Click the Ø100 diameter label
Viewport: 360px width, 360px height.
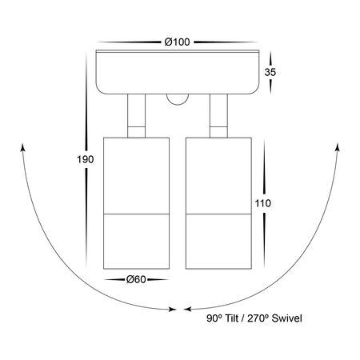click(177, 42)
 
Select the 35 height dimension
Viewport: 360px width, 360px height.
click(270, 72)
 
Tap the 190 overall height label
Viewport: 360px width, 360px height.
click(86, 159)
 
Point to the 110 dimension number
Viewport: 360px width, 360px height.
click(263, 203)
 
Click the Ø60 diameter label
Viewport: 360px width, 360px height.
click(136, 279)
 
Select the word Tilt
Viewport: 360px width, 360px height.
click(231, 318)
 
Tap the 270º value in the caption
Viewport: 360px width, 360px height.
click(258, 318)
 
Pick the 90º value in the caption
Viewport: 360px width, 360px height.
click(214, 318)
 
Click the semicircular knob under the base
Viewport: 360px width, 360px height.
click(178, 99)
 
